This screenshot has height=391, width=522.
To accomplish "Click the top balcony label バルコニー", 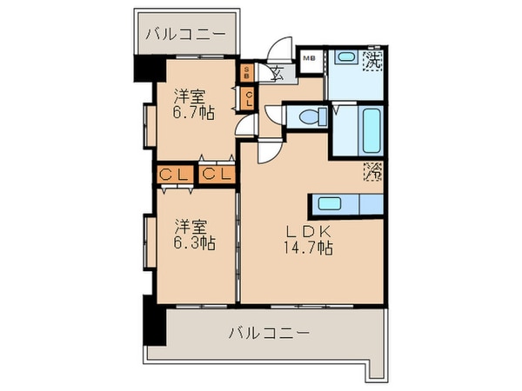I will pos(185,36).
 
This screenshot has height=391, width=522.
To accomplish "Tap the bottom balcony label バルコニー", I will pos(270,332).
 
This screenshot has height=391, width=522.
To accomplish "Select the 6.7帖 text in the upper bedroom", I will pos(193,112).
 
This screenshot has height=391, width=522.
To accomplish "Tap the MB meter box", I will pos(309,58).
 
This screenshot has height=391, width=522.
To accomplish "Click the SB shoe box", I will pos(247,71).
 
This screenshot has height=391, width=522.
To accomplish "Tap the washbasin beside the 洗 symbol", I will pos(346,58).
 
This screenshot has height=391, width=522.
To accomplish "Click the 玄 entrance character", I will pos(274,72).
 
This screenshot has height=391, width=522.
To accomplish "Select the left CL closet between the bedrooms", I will pos(174,175).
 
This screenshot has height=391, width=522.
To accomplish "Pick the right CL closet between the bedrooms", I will pos(217,175).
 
